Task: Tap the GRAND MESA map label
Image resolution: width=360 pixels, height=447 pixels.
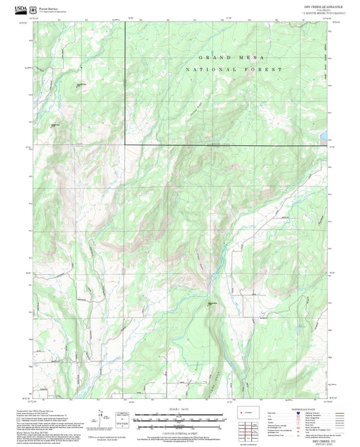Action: click(226, 59)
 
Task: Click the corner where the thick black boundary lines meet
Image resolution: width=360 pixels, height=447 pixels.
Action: click(125, 144)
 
